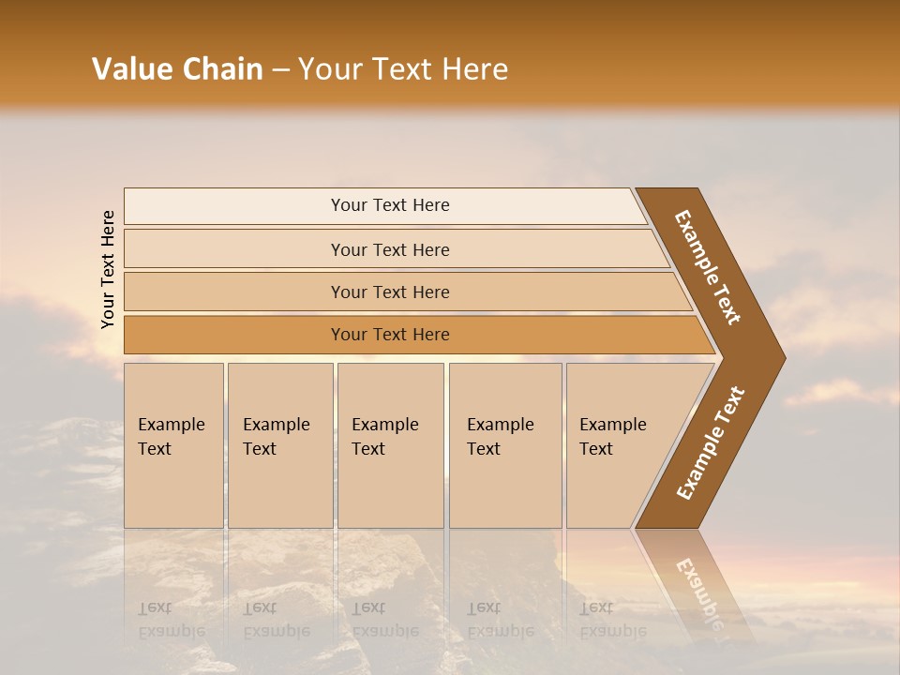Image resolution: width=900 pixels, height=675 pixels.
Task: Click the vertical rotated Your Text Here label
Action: pos(108,270)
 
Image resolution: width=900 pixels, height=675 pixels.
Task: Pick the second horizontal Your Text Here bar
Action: pos(389,249)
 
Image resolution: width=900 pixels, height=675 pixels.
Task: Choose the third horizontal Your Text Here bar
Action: pos(389,292)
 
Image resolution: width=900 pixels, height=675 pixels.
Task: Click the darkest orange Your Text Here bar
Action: pos(389,335)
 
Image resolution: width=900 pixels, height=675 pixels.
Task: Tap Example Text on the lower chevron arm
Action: pos(711,442)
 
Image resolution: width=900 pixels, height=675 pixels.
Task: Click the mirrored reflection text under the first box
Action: pos(171,620)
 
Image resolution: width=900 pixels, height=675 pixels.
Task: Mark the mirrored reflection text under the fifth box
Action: pos(611,620)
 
